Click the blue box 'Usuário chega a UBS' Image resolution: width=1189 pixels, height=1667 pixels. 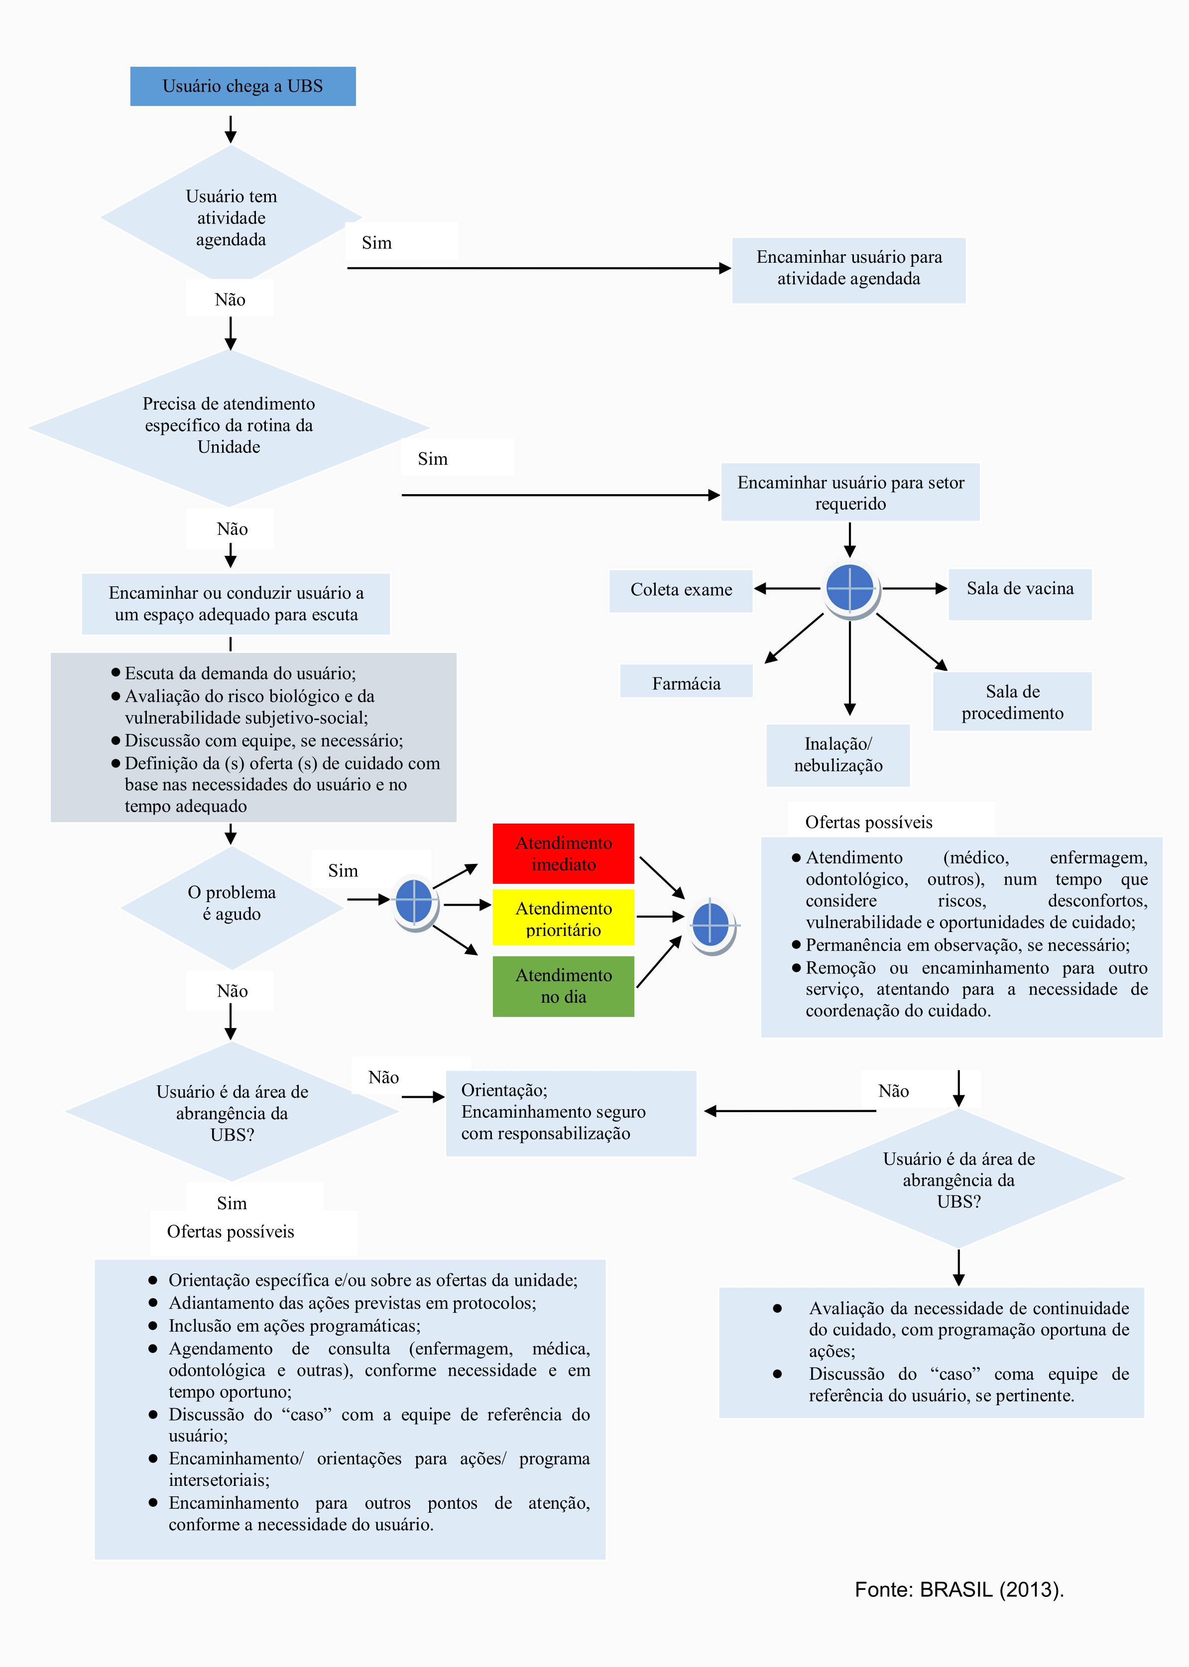tap(243, 87)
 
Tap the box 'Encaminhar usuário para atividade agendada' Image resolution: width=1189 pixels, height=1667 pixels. tap(848, 270)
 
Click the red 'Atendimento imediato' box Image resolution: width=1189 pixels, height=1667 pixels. tap(564, 853)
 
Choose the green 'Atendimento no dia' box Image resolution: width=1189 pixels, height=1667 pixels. tap(564, 986)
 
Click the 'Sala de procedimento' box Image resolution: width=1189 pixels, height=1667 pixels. tap(1013, 701)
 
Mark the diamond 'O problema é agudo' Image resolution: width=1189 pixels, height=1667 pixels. tap(232, 908)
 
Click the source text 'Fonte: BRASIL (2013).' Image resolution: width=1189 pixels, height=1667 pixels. tap(959, 1589)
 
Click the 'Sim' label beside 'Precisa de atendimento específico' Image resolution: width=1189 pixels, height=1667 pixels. tap(433, 459)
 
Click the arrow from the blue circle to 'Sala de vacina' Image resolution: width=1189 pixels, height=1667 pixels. tap(915, 588)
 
